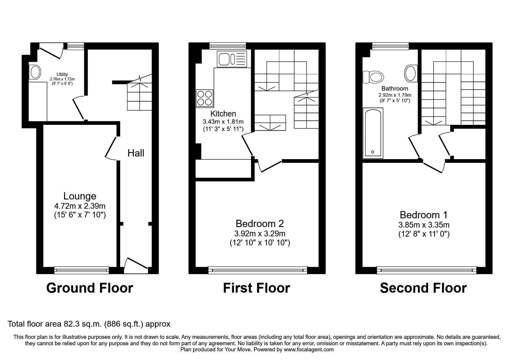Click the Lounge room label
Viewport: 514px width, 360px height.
(80, 196)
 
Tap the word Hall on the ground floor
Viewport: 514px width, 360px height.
(136, 153)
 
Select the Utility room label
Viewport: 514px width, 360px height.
(62, 75)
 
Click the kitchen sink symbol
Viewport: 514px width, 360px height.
(232, 59)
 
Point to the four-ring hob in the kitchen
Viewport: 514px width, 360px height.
(205, 98)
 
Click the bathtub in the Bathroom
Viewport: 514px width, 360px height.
(373, 133)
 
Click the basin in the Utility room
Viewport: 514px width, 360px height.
(35, 72)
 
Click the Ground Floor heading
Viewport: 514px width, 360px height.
(89, 288)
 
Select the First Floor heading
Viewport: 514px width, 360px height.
(256, 288)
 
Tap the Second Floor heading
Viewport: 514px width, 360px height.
(423, 288)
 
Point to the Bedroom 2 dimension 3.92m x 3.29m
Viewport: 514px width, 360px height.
(260, 233)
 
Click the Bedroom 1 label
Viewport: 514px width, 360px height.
(423, 215)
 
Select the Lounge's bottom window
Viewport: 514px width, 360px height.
(82, 270)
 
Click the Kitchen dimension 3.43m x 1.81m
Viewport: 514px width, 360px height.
(223, 122)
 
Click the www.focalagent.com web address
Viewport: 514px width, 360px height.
(309, 350)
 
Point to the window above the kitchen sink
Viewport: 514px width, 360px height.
(228, 45)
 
